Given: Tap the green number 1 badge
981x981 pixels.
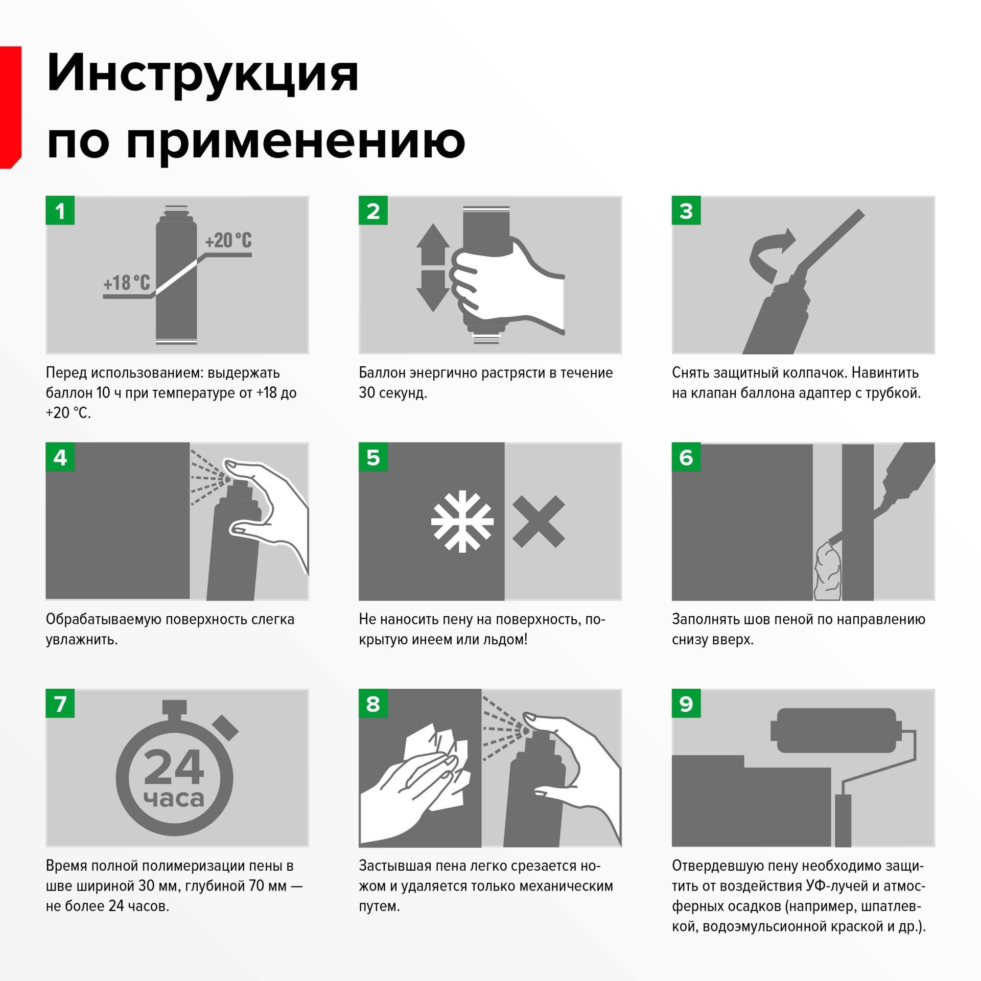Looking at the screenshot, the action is (x=60, y=211).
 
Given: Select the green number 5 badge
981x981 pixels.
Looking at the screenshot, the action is (x=373, y=457).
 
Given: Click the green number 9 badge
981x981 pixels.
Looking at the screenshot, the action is (x=686, y=704).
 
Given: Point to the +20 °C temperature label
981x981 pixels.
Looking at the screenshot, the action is (x=228, y=240).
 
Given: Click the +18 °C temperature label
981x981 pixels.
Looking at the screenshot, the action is (x=127, y=283).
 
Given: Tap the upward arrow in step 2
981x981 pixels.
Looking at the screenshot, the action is (x=433, y=244).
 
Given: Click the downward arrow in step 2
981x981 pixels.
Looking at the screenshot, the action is (x=433, y=291).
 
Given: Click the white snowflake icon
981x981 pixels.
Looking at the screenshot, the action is (x=462, y=522).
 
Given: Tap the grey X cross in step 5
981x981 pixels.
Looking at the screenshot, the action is (x=539, y=521).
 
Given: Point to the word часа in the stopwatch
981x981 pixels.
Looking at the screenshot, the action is (x=174, y=799).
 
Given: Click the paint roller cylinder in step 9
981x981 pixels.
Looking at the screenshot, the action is (x=836, y=730).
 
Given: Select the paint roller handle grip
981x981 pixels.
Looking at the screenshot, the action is (x=843, y=820).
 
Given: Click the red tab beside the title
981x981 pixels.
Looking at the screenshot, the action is (x=10, y=107).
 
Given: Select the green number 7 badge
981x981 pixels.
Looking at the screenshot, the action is (x=60, y=704).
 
